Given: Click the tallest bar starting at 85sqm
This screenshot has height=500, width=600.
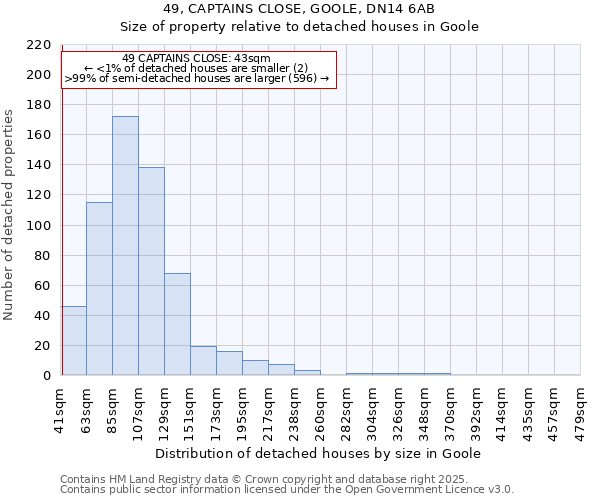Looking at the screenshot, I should pyautogui.click(x=125, y=246).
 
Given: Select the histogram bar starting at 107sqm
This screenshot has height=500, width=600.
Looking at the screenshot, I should pyautogui.click(x=151, y=271).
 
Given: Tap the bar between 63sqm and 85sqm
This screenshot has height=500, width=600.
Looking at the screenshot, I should pyautogui.click(x=99, y=289).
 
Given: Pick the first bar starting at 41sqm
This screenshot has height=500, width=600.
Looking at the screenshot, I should pyautogui.click(x=74, y=341).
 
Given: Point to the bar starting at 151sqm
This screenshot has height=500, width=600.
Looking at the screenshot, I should pyautogui.click(x=203, y=361).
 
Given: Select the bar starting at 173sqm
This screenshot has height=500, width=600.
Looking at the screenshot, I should pyautogui.click(x=229, y=363).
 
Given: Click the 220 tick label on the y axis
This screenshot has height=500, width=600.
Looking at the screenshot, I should pyautogui.click(x=38, y=45).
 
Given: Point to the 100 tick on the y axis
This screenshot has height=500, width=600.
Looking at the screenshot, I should pyautogui.click(x=38, y=225).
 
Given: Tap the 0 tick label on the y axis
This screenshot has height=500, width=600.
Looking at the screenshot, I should pyautogui.click(x=46, y=376).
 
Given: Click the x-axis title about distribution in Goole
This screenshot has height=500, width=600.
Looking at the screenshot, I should pyautogui.click(x=320, y=453).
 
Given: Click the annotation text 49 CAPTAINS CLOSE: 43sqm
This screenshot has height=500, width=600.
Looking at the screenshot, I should pyautogui.click(x=196, y=58).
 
